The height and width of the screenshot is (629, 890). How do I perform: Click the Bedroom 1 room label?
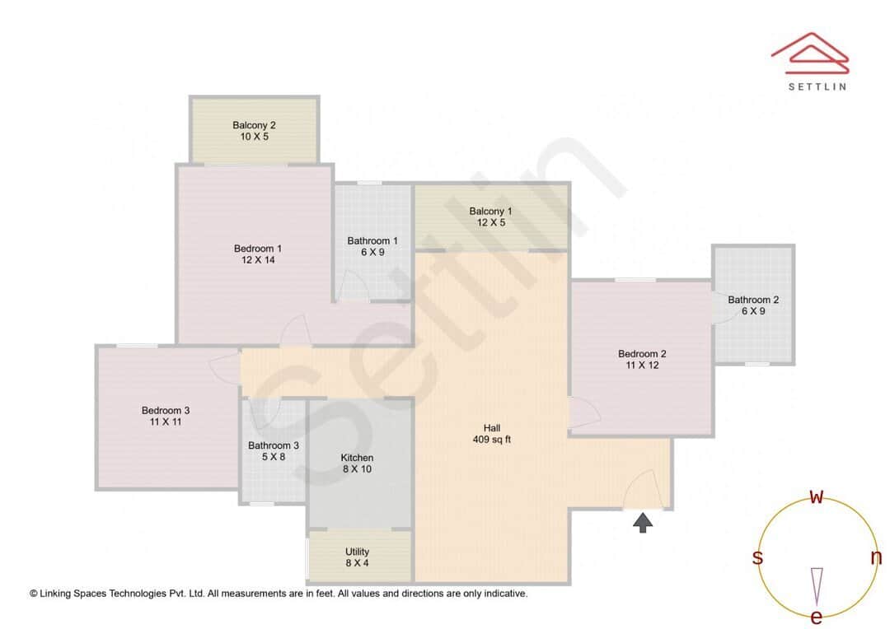point(257,249)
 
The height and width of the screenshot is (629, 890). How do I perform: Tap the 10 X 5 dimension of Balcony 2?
point(254,137)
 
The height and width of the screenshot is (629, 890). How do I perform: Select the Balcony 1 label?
point(490,212)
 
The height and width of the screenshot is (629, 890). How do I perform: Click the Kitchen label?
point(357,458)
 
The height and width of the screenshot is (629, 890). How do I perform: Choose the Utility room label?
point(357,552)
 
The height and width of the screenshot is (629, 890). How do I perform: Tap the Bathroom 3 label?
point(273,445)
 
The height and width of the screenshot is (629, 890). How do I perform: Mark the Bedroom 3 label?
point(166,410)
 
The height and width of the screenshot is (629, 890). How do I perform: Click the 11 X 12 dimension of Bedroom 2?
point(642,365)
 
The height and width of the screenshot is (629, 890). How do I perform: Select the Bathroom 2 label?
point(753,300)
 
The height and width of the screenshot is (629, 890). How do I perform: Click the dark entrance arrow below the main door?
point(643,522)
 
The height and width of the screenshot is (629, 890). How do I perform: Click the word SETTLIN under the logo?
point(817,86)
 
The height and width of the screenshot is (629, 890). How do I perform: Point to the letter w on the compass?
point(817,496)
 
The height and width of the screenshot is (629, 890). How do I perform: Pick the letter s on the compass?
point(757,557)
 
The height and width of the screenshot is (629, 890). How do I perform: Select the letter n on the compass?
point(876,557)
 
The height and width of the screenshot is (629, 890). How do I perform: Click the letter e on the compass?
point(817,617)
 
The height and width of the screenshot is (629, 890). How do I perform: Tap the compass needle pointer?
point(817,584)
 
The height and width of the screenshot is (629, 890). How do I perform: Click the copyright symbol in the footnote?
point(34,593)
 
